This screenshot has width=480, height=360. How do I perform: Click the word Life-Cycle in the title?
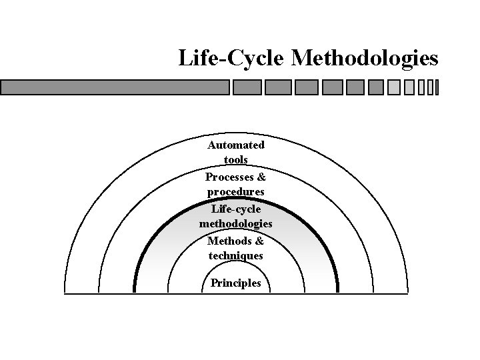click(x=231, y=59)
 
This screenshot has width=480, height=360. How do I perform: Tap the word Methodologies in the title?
click(x=365, y=59)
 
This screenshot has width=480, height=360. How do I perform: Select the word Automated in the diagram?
click(x=236, y=145)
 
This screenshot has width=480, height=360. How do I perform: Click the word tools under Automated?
click(x=236, y=160)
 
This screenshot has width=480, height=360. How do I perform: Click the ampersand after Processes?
click(x=261, y=177)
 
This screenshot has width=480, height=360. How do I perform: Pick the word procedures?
click(x=236, y=192)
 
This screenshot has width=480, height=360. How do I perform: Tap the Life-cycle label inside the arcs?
click(x=236, y=209)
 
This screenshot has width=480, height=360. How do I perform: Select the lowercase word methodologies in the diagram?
click(x=236, y=224)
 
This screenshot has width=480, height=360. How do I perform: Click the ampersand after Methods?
click(x=260, y=241)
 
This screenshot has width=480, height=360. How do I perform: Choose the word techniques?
click(x=236, y=256)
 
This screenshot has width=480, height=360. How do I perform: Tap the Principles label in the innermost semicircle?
click(x=236, y=283)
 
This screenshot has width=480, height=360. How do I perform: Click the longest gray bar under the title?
click(x=115, y=87)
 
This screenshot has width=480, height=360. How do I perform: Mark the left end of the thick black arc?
click(x=135, y=291)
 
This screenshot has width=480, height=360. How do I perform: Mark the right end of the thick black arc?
click(x=337, y=291)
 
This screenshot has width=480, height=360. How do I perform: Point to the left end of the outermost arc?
click(x=65, y=291)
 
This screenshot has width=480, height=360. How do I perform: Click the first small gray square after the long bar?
click(x=247, y=87)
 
